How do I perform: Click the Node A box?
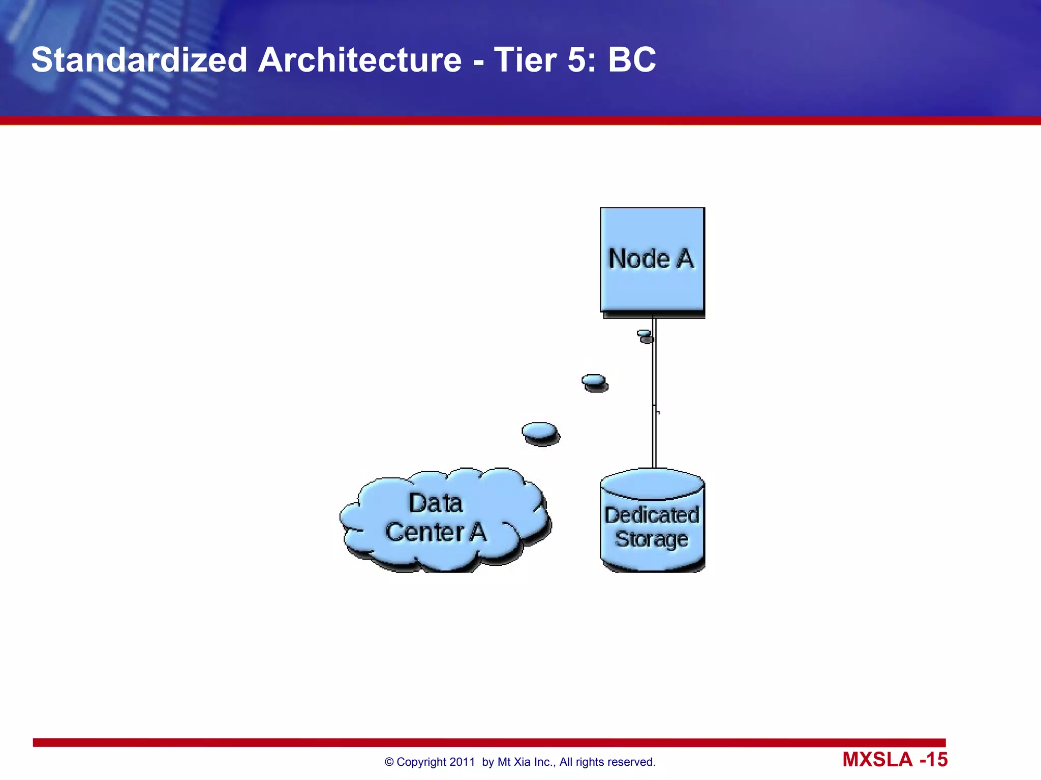[652, 260]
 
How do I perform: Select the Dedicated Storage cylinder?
[652, 523]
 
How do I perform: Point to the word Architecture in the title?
[360, 60]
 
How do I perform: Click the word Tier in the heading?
[525, 60]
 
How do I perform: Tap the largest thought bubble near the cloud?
[540, 432]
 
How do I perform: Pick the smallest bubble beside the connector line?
[645, 335]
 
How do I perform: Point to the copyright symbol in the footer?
[389, 762]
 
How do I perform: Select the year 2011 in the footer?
[462, 762]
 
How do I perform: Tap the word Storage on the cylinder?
[652, 539]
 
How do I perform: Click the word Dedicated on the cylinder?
[652, 515]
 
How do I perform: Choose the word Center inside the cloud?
[425, 532]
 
